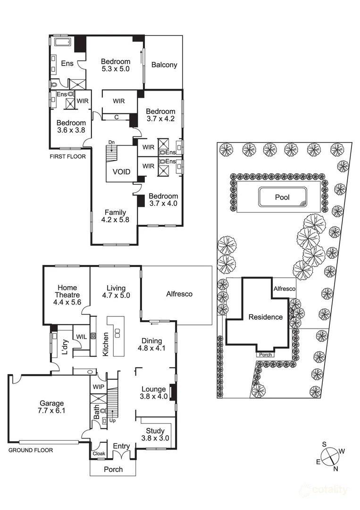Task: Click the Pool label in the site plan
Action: pos(282,197)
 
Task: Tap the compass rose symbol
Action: pos(331,455)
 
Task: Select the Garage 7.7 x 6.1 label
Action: pos(51,408)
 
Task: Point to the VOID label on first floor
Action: pos(121,172)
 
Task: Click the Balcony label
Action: pos(164,65)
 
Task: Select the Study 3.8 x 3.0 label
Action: pos(155,434)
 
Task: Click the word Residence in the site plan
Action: pos(265,317)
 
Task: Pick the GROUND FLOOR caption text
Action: pos(30,450)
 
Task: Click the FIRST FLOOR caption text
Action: pos(67,156)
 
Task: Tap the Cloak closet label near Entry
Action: pos(99,454)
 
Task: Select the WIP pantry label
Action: pos(99,387)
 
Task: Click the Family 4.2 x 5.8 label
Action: pos(115,216)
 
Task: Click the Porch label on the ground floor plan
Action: pos(113,469)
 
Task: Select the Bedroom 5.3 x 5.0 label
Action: pos(116,65)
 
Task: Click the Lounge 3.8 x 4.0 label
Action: pos(154,393)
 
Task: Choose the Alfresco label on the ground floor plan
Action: pos(179,294)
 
